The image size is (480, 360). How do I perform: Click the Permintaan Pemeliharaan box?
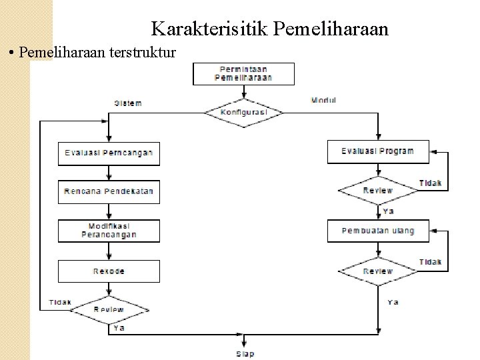243,73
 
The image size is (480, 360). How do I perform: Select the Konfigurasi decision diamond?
244,113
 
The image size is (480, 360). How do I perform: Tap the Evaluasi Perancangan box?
109,153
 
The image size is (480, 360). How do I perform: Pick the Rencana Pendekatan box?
109,191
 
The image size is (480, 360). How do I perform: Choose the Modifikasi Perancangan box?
109,231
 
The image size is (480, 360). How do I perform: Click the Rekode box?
109,271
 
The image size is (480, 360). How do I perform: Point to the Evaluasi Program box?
378,151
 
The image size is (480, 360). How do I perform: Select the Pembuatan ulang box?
378,231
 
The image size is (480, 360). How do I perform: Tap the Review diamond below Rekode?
109,310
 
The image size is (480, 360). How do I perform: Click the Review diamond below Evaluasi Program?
378,191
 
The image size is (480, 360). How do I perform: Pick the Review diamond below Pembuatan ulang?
378,271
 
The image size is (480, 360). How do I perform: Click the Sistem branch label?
128,103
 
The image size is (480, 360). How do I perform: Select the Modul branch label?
324,100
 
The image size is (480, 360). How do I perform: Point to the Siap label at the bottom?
245,354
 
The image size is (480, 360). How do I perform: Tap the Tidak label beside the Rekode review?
60,303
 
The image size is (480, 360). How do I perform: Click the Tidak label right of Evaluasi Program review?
431,183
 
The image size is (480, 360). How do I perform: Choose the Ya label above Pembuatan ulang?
389,211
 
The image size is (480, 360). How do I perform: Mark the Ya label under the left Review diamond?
119,328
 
